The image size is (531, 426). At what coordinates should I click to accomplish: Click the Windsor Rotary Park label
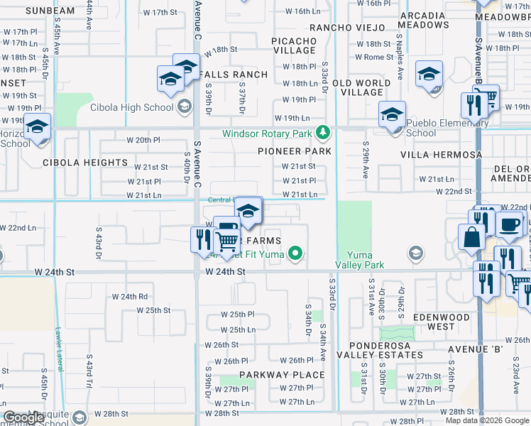[x=267, y=133]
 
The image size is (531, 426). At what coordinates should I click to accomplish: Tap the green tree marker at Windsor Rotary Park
[x=323, y=133]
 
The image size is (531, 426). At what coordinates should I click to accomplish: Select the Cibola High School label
[x=131, y=107]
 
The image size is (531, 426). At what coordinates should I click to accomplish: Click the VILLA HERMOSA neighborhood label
[x=441, y=154]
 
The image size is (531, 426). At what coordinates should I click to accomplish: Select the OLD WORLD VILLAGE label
[x=361, y=87]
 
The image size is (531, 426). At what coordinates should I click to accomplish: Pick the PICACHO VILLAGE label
[x=294, y=45]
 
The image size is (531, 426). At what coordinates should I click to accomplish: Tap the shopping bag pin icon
[x=472, y=237]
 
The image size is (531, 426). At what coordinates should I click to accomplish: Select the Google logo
[x=24, y=417]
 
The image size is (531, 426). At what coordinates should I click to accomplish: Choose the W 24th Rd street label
[x=133, y=297]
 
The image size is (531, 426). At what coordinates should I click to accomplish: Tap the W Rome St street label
[x=374, y=57]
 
